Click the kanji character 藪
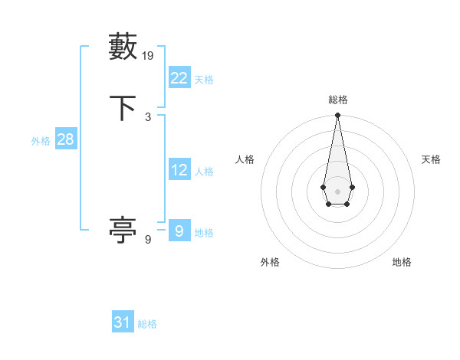click(123, 47)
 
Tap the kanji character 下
click(123, 107)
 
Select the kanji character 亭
click(123, 230)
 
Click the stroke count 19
click(149, 55)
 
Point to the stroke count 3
click(148, 116)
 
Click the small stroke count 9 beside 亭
click(148, 239)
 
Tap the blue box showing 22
click(179, 77)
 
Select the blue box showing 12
click(179, 170)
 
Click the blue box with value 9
click(179, 231)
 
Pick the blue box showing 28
click(65, 139)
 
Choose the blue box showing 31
click(123, 322)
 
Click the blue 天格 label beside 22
click(204, 79)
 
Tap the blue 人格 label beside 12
click(204, 172)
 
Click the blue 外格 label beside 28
click(41, 141)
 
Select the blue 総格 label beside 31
click(147, 324)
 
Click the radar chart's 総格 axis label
click(337, 100)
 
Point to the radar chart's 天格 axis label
click(431, 159)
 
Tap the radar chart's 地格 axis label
click(402, 262)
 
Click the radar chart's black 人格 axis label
click(245, 159)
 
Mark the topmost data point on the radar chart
click(337, 116)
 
